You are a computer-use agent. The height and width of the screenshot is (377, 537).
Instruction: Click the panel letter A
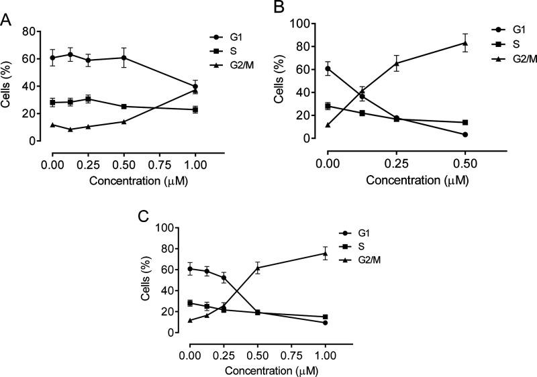(6, 18)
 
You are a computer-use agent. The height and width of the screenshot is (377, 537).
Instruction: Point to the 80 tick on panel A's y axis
(38, 31)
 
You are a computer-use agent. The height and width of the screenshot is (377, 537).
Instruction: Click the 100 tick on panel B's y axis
(309, 23)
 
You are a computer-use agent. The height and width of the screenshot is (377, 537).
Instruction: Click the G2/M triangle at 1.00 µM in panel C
(326, 253)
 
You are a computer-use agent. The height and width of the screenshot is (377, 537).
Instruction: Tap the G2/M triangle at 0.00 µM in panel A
(52, 125)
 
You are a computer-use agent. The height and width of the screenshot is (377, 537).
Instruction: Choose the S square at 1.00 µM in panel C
(326, 317)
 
